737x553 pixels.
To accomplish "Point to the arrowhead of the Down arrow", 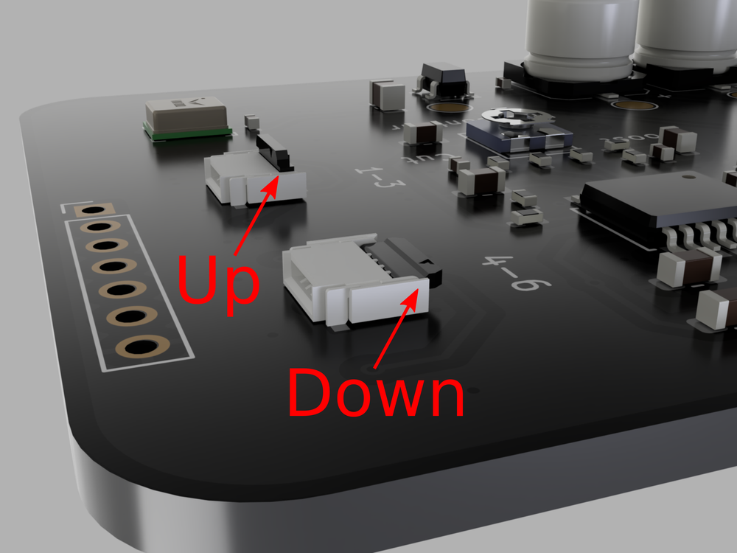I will click(416, 293).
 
